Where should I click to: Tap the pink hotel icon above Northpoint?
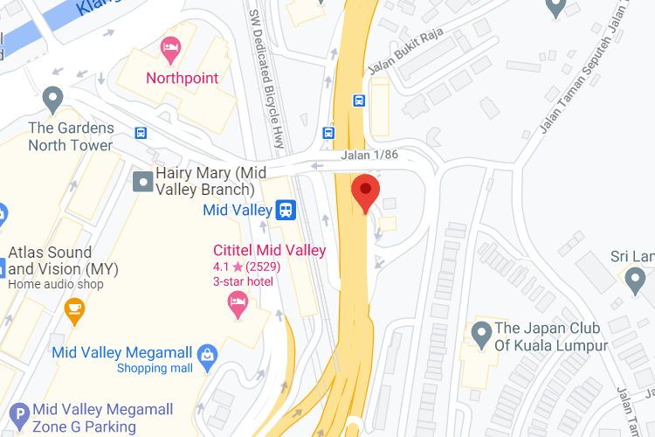(x=170, y=50)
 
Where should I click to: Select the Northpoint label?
(x=182, y=78)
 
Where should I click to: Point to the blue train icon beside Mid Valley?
(x=285, y=210)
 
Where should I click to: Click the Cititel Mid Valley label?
(x=269, y=250)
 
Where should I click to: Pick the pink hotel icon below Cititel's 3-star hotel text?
(x=237, y=303)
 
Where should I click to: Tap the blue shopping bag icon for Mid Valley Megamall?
(x=207, y=353)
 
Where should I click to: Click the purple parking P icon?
(x=18, y=414)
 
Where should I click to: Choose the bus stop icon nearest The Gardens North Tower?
(x=141, y=133)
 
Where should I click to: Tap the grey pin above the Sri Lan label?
(x=635, y=279)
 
